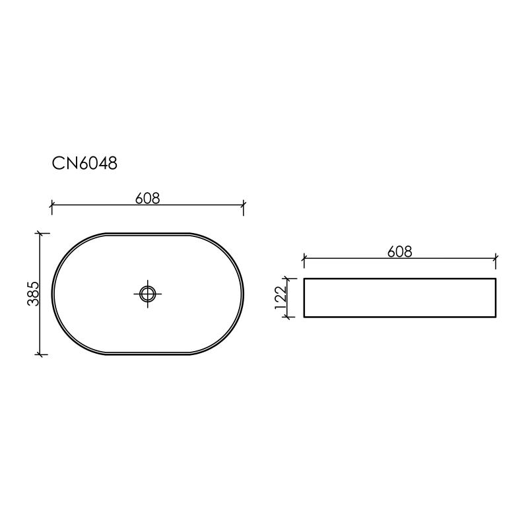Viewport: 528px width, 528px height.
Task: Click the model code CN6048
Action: tap(84, 163)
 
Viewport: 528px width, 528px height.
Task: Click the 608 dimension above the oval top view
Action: tap(148, 197)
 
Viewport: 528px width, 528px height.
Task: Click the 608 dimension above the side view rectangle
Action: tap(400, 251)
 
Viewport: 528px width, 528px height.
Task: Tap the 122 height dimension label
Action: tap(279, 298)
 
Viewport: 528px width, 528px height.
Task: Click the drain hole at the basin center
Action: tap(148, 293)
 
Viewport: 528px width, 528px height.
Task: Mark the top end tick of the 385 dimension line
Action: tap(41, 233)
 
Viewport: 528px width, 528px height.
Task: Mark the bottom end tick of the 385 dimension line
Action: tap(41, 354)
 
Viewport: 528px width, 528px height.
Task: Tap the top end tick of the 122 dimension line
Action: tap(287, 279)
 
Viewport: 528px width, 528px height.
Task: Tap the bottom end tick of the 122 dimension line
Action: tap(287, 317)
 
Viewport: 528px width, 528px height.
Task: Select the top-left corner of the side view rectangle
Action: tap(304, 279)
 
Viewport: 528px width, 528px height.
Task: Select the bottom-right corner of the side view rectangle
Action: tap(496, 317)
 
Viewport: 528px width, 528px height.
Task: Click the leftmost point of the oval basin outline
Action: tap(52, 294)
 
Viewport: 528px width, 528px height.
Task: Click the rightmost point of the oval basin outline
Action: tap(244, 294)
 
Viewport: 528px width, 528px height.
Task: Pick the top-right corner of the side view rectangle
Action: tap(496, 279)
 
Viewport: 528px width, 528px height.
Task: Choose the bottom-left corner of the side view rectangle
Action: tap(304, 317)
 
